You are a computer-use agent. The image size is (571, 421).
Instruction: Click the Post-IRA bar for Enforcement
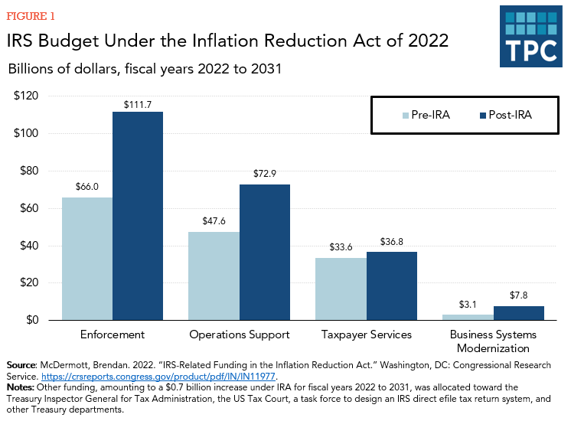138,216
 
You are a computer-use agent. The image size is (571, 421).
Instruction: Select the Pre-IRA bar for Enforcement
87,259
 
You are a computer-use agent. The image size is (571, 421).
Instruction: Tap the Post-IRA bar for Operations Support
265,252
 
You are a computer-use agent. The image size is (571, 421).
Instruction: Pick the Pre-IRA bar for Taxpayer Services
341,289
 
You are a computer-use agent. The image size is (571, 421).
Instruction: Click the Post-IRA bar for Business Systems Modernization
519,313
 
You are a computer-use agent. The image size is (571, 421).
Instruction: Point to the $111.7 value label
138,103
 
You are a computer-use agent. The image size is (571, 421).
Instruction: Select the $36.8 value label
392,243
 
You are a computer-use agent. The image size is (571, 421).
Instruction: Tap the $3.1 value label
468,305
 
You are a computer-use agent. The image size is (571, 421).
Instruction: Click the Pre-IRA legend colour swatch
406,116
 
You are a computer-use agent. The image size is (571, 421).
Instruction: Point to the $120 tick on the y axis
28,96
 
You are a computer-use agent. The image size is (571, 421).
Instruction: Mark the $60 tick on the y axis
30,208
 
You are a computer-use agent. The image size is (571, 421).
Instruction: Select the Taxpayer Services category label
367,335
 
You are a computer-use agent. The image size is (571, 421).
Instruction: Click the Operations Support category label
240,335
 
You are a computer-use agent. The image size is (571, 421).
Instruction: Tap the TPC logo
531,36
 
